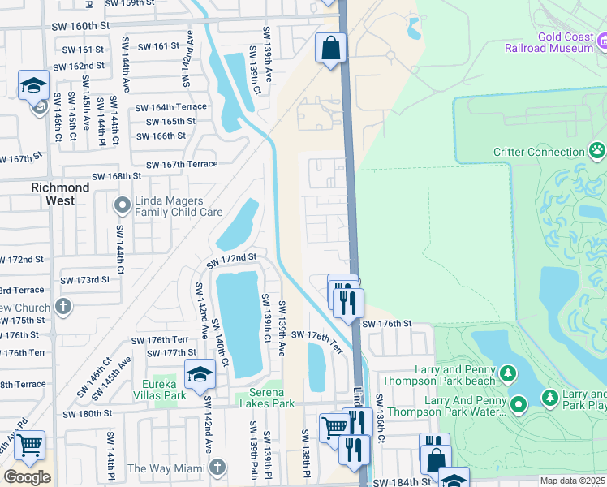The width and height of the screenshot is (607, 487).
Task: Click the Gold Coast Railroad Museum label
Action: coord(566,43)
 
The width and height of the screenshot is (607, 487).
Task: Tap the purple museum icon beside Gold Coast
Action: coord(601,41)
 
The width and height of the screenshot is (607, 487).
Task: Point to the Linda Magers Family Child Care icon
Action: coord(122,205)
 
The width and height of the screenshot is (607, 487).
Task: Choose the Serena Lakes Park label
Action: coord(265,403)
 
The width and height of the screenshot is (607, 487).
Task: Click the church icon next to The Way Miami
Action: coord(216,468)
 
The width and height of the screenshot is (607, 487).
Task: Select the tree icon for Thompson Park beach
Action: coord(508,373)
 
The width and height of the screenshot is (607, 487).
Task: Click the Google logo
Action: coord(27,477)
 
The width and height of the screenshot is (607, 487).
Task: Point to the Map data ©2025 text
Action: coord(572,481)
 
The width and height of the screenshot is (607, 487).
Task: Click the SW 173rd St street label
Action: coord(85,280)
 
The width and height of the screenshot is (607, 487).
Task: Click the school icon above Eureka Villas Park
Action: coord(197,373)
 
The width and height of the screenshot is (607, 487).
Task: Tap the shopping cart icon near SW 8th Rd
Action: coord(30,445)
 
